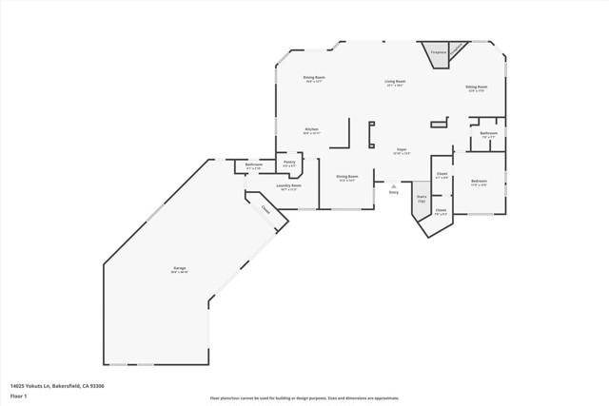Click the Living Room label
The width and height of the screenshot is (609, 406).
[x=395, y=82]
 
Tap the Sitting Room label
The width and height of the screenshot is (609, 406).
[x=476, y=87]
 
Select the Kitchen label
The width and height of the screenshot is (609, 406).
[x=311, y=129]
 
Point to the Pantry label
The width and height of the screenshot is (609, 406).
[x=289, y=162]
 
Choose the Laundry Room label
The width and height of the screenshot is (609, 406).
[x=288, y=185]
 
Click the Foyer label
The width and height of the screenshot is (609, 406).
[x=402, y=150]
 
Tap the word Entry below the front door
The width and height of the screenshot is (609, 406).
[x=393, y=193]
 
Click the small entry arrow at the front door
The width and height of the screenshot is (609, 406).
[x=393, y=186]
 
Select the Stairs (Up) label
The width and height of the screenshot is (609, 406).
[x=422, y=199]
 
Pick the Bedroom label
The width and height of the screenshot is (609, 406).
[x=479, y=181]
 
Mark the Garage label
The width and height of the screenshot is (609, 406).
[x=179, y=269]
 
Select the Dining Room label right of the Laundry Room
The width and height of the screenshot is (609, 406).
[x=346, y=176]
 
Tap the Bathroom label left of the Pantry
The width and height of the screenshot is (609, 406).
[x=254, y=165]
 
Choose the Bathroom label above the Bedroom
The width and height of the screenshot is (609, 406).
[x=488, y=133]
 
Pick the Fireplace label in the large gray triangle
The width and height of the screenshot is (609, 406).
[x=438, y=52]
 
